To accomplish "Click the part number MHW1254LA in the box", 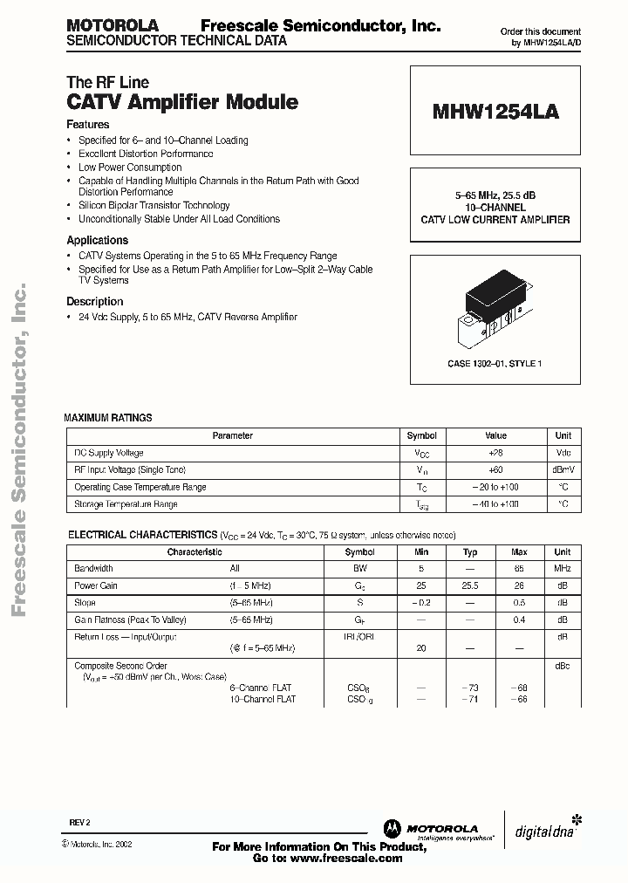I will click(495, 112).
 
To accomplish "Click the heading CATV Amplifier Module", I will click(182, 102).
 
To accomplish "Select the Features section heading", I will click(88, 125).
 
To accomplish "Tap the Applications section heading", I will click(98, 240).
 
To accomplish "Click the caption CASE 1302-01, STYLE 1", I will click(495, 363).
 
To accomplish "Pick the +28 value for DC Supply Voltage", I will click(495, 454).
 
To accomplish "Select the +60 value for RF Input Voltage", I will click(495, 470).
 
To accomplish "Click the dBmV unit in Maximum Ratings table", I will click(563, 470).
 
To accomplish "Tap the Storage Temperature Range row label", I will click(126, 504).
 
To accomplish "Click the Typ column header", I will click(470, 552).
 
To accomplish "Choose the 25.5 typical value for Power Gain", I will click(470, 586).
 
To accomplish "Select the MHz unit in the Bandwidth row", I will click(563, 569).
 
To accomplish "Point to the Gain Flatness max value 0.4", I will click(518, 620).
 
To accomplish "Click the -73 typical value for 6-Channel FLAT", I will click(470, 688).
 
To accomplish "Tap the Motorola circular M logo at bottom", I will click(391, 829).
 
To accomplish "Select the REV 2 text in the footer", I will click(79, 823).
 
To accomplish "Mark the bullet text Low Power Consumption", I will click(130, 168).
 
